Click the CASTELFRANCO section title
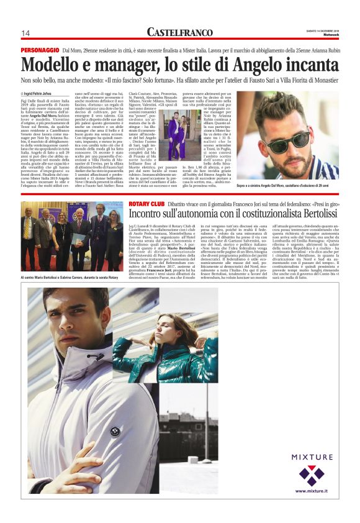coord(180,32)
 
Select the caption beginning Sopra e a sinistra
coord(295,185)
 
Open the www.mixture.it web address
coord(312,491)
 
